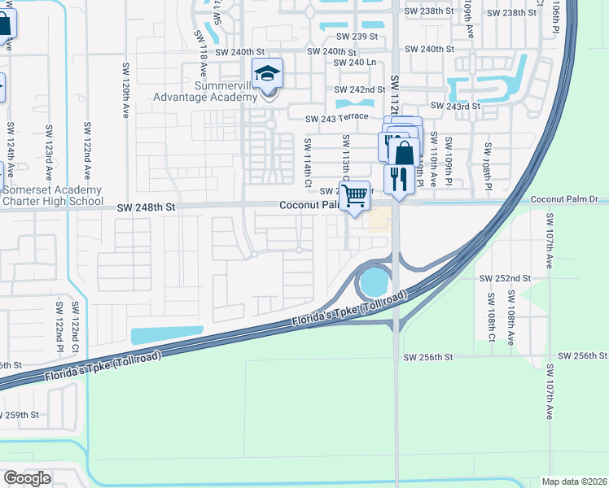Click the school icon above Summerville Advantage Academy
coord(267,74)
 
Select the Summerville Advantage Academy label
coord(205,91)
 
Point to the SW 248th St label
coord(147,207)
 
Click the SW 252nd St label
coord(505,278)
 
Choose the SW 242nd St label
coord(359,89)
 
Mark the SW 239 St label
coord(350,37)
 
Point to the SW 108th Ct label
coord(493,318)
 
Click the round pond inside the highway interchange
coord(375,282)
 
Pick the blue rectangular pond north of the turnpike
coord(167,334)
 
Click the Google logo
coord(27,478)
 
